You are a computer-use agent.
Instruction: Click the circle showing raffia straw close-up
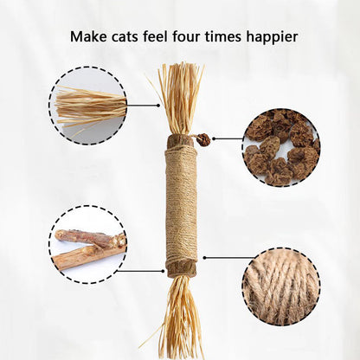[x=87, y=106]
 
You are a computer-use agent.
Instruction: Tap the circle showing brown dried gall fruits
[x=280, y=147]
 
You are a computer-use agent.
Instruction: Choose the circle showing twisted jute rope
[x=280, y=286]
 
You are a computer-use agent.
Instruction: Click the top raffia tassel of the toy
[x=180, y=95]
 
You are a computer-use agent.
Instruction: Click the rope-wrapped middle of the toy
[x=181, y=203]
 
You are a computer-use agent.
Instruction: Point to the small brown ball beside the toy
[x=203, y=138]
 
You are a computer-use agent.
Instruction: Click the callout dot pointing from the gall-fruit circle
[x=214, y=138]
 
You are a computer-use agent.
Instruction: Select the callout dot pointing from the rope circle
[x=203, y=257]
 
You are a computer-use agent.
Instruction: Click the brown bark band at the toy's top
[x=180, y=140]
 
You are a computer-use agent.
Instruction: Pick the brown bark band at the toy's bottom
[x=181, y=267]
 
